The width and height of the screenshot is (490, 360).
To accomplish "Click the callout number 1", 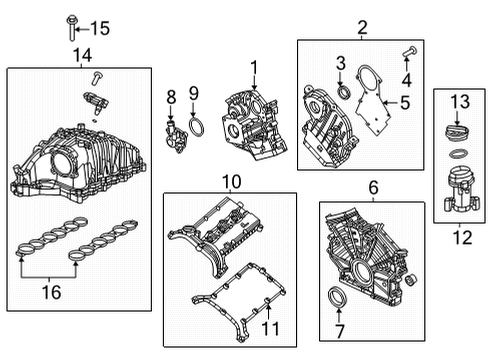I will (x=254, y=68).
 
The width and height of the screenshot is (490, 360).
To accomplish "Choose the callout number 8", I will (x=171, y=96).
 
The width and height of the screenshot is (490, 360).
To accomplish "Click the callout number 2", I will (x=363, y=28).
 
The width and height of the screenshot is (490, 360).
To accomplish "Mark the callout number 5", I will (x=405, y=101).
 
